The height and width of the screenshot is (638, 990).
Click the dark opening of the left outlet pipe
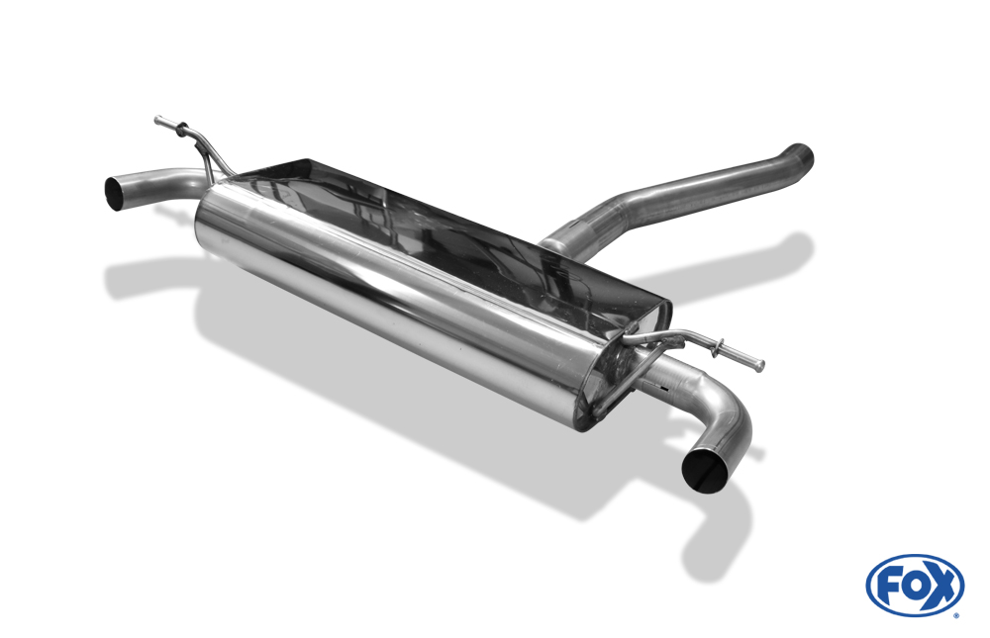pos(114,193)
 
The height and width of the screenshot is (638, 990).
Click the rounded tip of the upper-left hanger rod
pos(157,120)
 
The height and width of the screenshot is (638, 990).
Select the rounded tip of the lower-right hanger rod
pos(760,365)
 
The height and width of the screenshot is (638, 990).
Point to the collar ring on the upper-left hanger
pos(181,130)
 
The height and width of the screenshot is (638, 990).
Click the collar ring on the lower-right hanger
pos(716,348)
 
